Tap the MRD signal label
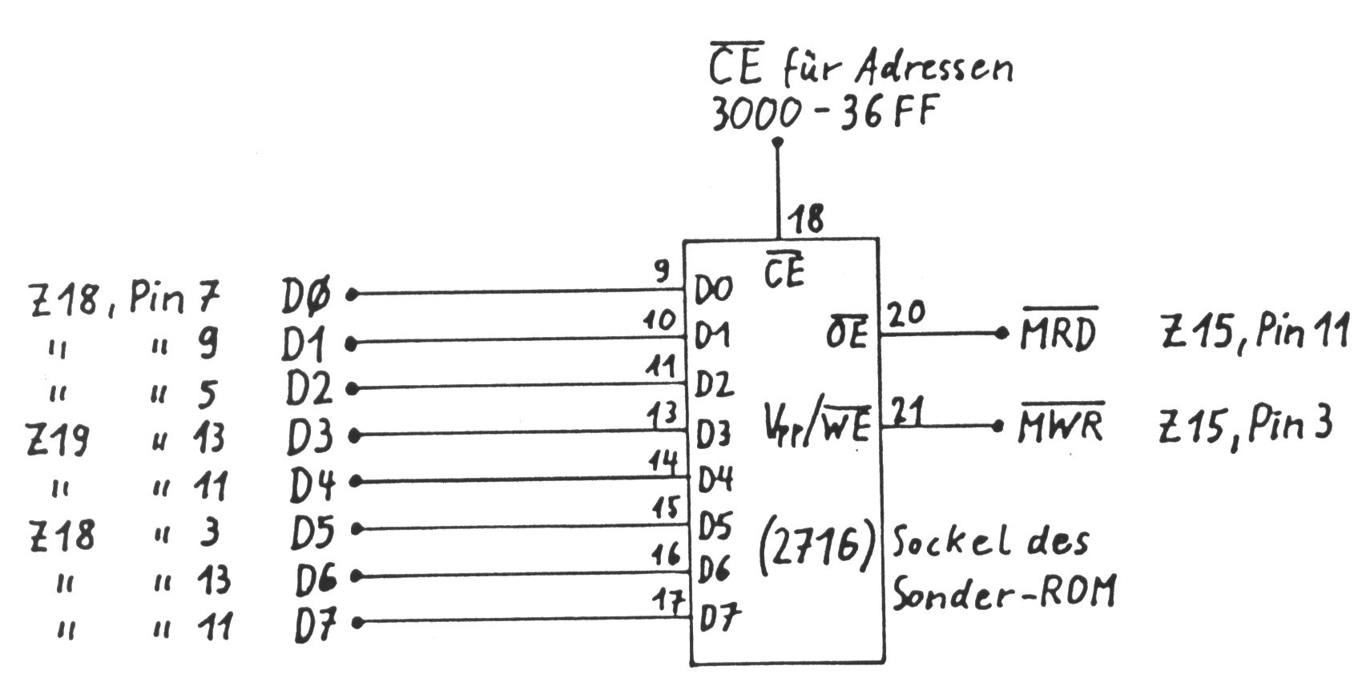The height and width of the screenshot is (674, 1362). pyautogui.click(x=1058, y=334)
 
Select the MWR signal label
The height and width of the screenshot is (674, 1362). pyautogui.click(x=1060, y=425)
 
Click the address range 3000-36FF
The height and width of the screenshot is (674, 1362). pyautogui.click(x=823, y=114)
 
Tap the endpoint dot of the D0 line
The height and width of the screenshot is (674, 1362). pyautogui.click(x=350, y=295)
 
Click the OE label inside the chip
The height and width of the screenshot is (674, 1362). pyautogui.click(x=846, y=335)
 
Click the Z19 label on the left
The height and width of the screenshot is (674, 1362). pyautogui.click(x=58, y=439)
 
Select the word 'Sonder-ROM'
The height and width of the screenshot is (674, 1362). pyautogui.click(x=1002, y=593)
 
